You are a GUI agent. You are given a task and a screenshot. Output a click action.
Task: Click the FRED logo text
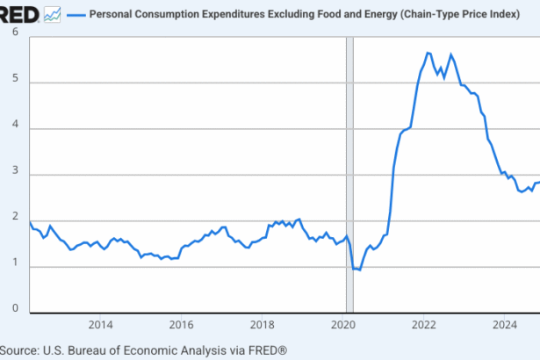click(19, 14)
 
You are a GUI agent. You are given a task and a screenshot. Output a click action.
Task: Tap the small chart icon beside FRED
click(53, 14)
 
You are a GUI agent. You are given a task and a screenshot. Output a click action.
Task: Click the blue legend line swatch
click(76, 15)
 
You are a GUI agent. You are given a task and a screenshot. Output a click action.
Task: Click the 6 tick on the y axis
click(15, 32)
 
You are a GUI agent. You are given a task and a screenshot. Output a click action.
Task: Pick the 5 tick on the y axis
click(15, 82)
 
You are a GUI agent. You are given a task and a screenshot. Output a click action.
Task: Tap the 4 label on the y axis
click(15, 128)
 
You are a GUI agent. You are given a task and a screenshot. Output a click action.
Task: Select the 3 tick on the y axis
click(15, 175)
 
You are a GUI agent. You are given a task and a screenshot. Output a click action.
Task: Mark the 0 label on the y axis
click(15, 309)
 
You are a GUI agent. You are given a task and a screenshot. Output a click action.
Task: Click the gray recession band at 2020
click(349, 176)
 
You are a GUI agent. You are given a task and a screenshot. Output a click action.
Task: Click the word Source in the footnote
click(19, 349)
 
